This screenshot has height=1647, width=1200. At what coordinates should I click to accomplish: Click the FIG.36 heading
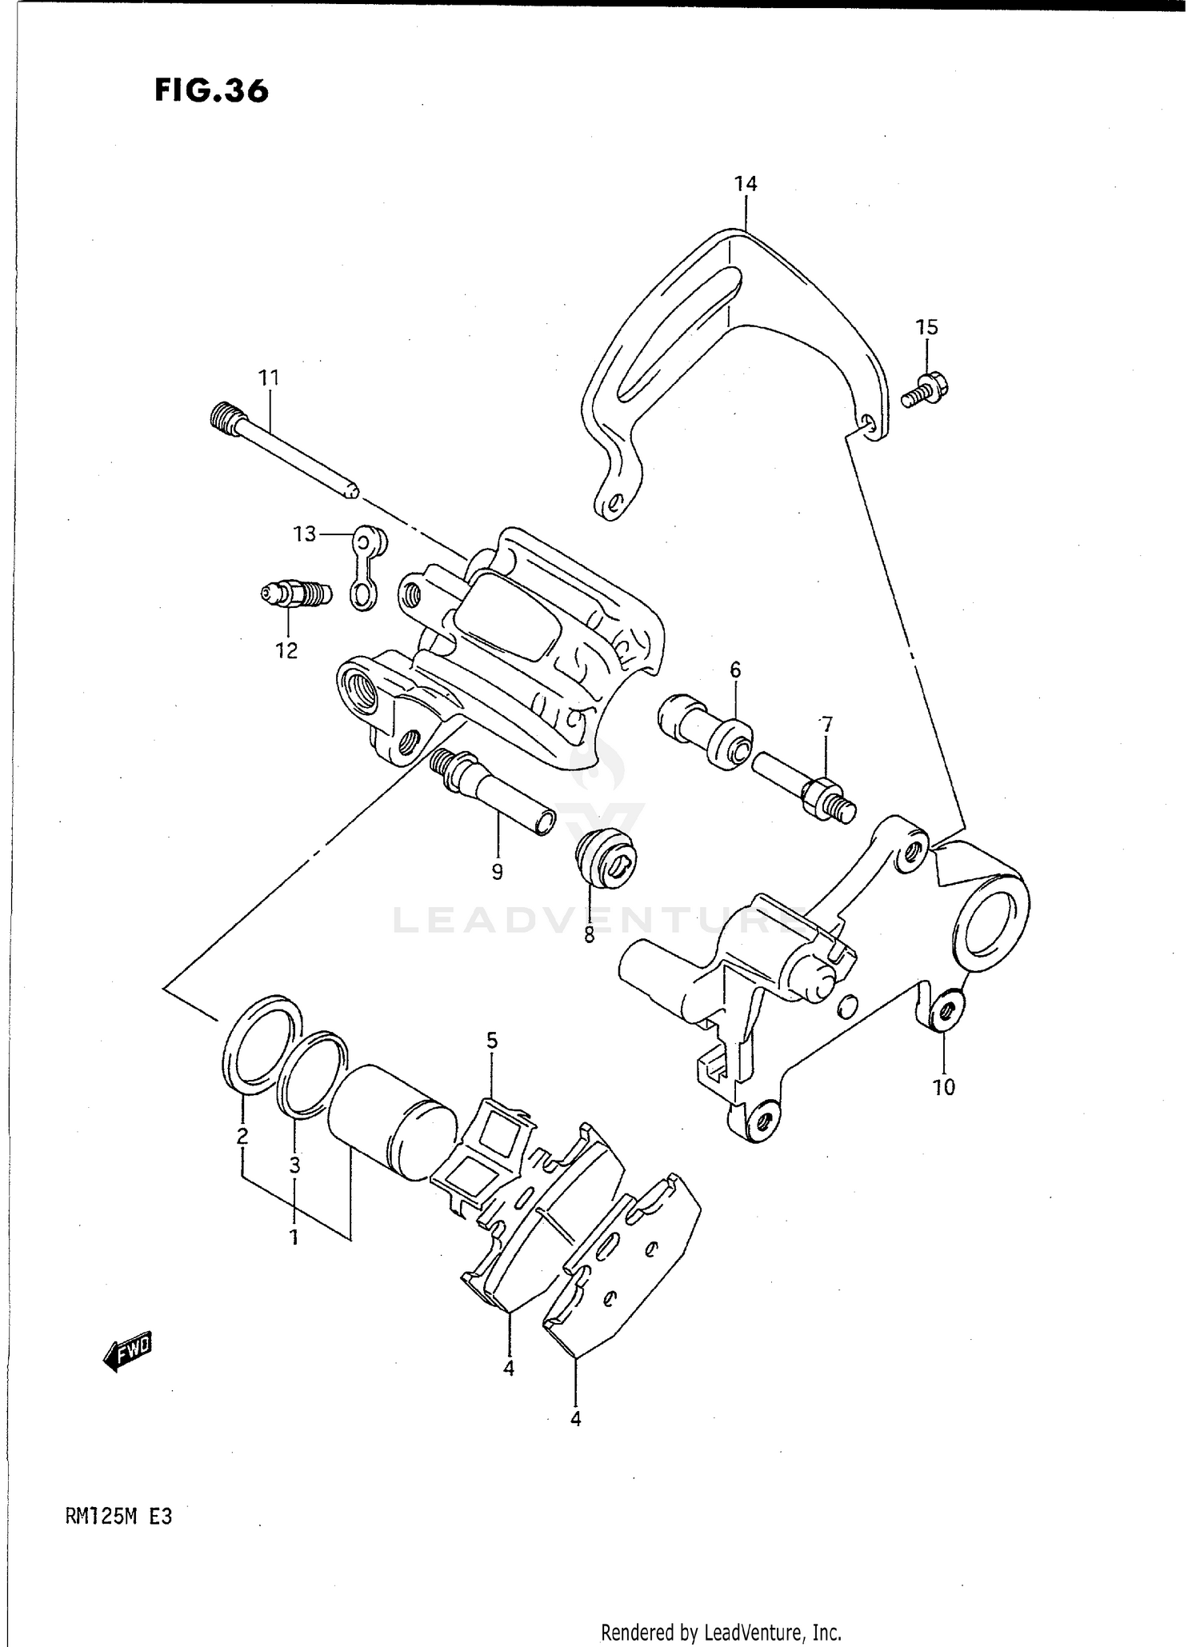[211, 90]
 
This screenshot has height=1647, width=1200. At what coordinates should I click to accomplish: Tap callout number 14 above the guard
[745, 184]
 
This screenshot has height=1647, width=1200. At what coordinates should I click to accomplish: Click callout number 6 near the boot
[734, 669]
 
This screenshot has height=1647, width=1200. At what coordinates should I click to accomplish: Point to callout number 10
[944, 1087]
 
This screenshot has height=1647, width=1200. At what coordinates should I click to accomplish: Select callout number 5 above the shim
[492, 1041]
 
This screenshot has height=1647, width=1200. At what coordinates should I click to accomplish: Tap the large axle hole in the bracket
[990, 925]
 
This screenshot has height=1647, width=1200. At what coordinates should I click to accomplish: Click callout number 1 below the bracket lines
[294, 1237]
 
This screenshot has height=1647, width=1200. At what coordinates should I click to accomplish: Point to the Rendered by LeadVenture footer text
[720, 1632]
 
